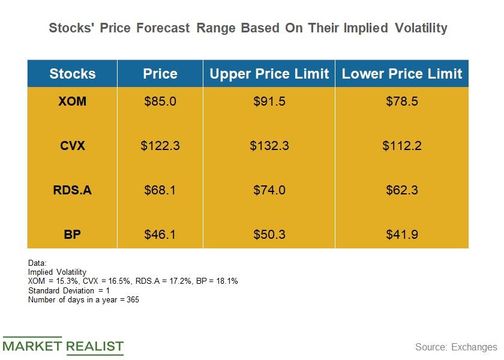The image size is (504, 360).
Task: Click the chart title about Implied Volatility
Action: [248, 28]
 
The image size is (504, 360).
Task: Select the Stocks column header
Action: [72, 74]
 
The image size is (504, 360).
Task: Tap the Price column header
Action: [160, 74]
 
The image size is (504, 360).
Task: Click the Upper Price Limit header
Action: [269, 74]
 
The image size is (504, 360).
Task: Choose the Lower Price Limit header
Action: [402, 74]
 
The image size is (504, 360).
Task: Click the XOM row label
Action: [72, 101]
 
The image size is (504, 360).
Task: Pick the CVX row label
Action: [72, 146]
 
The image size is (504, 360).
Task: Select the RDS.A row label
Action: [72, 190]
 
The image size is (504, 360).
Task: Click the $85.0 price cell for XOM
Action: [160, 101]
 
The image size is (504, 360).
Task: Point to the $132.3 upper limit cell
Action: [269, 146]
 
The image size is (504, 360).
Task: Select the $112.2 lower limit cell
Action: [402, 146]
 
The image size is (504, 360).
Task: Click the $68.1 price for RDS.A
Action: [160, 190]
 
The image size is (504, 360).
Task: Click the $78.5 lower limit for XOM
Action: [402, 101]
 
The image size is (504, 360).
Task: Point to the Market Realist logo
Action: [62, 346]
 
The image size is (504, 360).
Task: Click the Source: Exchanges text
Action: [456, 347]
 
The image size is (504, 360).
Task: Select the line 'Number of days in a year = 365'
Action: [83, 299]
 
